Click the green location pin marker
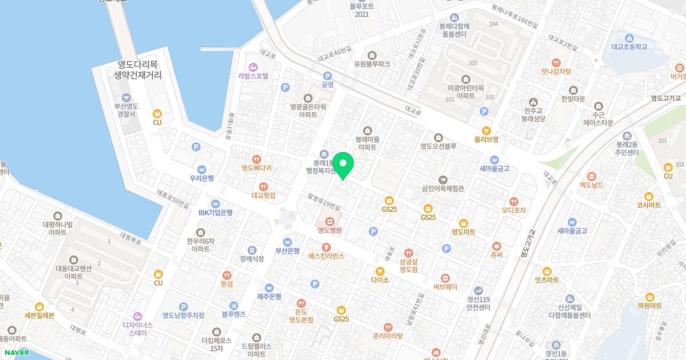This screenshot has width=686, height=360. [x=343, y=165]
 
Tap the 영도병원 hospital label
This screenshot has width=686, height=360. [x=330, y=231]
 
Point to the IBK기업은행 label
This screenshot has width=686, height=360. [x=216, y=213]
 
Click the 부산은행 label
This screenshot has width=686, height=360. [x=288, y=250]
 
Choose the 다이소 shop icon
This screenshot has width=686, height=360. [x=380, y=271]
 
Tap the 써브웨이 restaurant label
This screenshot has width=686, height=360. [x=445, y=287]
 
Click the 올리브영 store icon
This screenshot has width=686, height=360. [x=486, y=130]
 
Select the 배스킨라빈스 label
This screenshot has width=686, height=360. [x=326, y=256]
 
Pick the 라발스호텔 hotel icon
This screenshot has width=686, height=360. [x=253, y=67]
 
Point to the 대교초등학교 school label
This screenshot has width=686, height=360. [x=629, y=47]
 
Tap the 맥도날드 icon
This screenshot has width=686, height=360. [x=592, y=175]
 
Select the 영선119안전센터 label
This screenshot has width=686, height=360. [x=479, y=302]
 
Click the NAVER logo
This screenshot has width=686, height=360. [x=15, y=353]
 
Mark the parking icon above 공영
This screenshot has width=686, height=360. [x=328, y=75]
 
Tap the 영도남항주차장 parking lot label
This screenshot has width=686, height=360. [x=183, y=315]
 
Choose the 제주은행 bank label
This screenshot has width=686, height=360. [x=269, y=297]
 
